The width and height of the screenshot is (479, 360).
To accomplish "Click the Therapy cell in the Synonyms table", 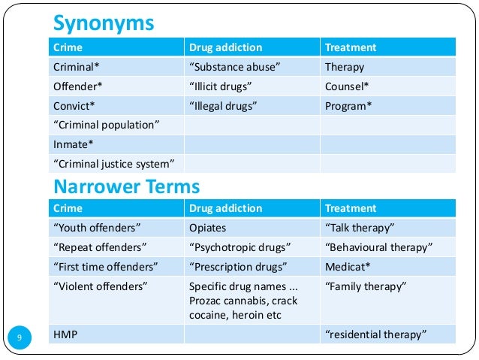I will (x=345, y=67).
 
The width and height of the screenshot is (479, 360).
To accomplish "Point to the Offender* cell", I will (x=77, y=86).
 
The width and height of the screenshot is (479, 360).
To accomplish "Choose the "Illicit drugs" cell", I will (x=223, y=86).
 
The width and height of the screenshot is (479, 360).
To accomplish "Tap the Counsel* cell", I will (x=347, y=86).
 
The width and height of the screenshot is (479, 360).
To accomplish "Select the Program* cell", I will (x=348, y=106).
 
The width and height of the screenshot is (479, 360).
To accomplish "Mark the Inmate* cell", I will (x=74, y=144).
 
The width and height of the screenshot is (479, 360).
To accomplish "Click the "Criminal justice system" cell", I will (x=113, y=163).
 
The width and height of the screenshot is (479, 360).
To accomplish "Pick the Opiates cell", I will (x=208, y=228).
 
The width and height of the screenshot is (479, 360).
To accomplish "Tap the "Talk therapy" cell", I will (x=360, y=228).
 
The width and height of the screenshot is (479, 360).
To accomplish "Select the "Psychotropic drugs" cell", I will (x=239, y=247).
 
